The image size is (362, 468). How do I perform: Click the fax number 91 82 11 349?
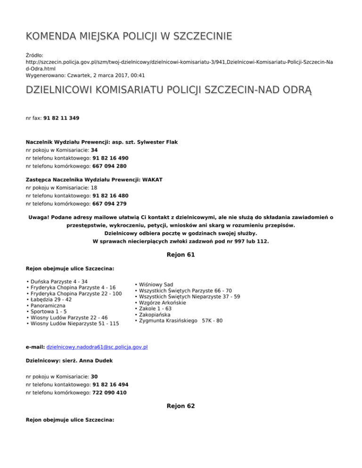(61, 119)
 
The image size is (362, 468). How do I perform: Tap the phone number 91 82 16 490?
(110, 158)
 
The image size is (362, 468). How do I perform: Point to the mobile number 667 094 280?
(109, 166)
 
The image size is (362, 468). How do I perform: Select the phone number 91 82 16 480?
(110, 196)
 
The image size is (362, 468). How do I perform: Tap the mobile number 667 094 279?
(109, 204)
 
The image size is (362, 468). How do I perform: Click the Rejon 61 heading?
(181, 255)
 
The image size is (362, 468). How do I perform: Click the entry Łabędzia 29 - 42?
(51, 299)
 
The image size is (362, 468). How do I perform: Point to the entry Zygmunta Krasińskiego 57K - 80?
(181, 321)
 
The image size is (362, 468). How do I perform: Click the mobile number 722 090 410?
(109, 393)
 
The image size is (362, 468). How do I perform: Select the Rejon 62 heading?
(181, 405)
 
